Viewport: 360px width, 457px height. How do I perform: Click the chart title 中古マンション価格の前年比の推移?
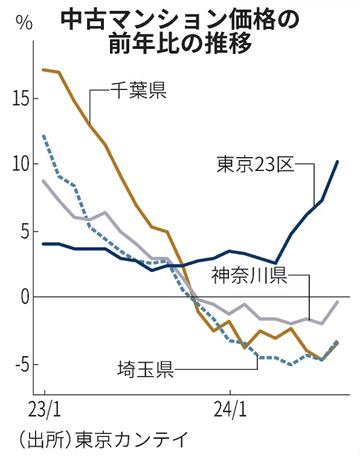click(x=180, y=32)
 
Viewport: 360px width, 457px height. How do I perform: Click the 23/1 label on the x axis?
click(x=44, y=410)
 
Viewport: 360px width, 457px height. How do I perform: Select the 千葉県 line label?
click(x=138, y=90)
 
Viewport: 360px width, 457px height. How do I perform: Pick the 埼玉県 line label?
click(x=146, y=370)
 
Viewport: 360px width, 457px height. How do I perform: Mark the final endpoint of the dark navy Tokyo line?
click(x=337, y=162)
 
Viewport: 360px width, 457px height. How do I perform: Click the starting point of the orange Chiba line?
click(x=44, y=70)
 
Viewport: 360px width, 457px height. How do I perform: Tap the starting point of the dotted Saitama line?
click(x=44, y=136)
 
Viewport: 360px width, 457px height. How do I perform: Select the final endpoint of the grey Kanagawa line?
click(x=337, y=302)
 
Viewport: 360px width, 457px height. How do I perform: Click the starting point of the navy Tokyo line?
click(x=44, y=244)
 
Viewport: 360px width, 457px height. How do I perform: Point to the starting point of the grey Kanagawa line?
click(x=44, y=181)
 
